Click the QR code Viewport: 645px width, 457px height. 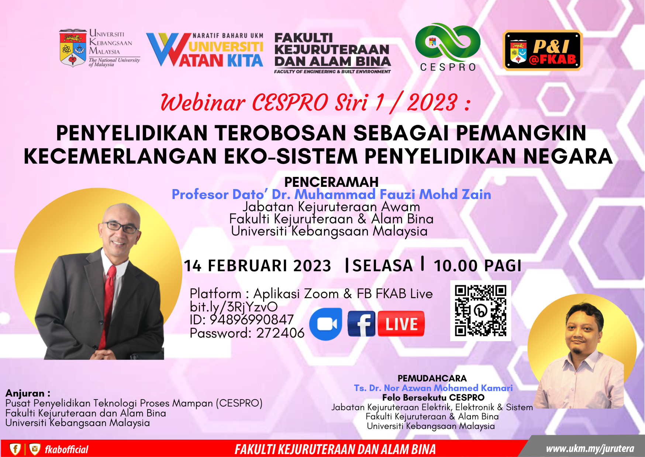[x=480, y=310]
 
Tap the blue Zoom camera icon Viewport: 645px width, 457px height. [x=325, y=324]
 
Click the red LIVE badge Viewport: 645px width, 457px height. [x=401, y=324]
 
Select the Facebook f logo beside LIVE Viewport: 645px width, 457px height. [x=362, y=324]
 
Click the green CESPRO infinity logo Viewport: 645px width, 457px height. [x=448, y=43]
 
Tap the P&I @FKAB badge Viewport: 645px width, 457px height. [x=542, y=50]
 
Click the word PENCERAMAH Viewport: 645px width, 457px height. [x=331, y=182]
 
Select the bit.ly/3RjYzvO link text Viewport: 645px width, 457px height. [x=234, y=307]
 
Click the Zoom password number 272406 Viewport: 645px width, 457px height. [x=280, y=333]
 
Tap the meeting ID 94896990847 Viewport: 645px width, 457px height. [x=252, y=320]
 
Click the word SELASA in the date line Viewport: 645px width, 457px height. [x=383, y=266]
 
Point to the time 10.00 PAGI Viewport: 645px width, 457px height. [x=477, y=266]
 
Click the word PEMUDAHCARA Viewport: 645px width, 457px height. [x=432, y=378]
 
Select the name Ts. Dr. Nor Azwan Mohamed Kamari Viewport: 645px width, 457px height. [x=433, y=388]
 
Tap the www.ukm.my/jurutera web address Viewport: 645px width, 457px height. [x=590, y=449]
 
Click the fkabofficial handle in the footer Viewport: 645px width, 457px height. [x=66, y=450]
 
